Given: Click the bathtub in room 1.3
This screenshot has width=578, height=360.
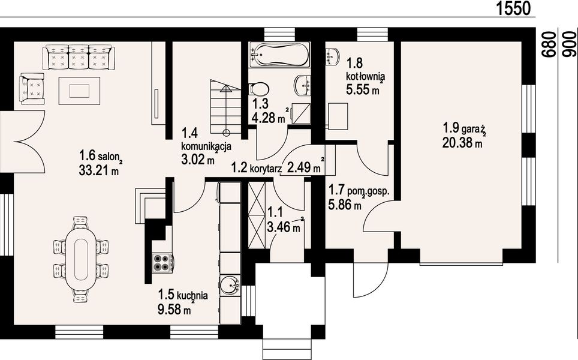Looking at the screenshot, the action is coord(279,55).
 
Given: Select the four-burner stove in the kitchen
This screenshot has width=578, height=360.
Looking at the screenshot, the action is coord(162,263).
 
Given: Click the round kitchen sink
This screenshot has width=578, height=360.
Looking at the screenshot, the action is coord(231,285).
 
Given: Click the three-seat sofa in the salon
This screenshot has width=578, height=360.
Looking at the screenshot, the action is coord(77,57).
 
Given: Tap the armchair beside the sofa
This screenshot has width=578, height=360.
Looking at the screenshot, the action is coord(32,89).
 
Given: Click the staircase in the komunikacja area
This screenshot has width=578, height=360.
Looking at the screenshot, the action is coord(225,107).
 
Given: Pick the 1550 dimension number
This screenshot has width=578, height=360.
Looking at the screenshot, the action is coord(513,8).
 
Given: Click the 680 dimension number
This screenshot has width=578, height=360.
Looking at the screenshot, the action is coord(550,44).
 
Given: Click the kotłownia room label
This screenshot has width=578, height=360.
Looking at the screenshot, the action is coord(365,77).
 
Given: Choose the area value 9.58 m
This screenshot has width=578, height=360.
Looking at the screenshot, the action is coord(174,309).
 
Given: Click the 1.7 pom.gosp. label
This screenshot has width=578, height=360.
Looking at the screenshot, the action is coord(359,191).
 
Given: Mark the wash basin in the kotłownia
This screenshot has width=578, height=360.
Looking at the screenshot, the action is coord(333,56).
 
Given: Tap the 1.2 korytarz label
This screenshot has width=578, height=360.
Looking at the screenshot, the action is coord(256,169).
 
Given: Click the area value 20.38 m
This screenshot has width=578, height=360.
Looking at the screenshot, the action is coord(462,142).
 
